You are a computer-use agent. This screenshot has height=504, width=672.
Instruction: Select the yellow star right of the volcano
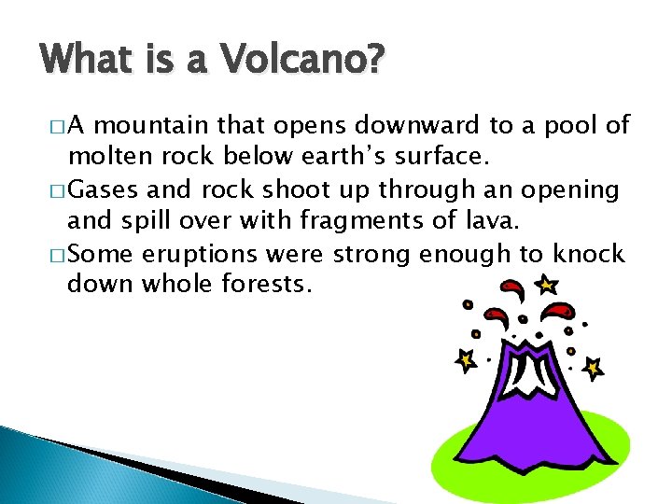click(592, 369)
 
